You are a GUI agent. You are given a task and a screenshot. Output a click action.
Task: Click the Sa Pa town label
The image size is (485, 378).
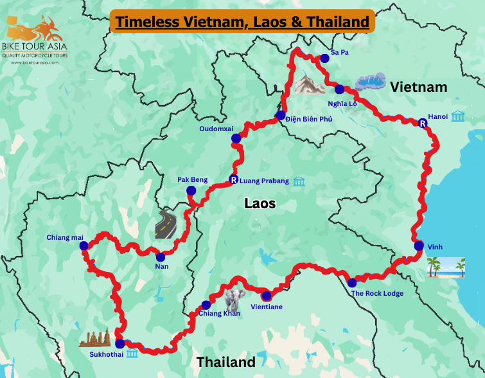[x=339, y=51]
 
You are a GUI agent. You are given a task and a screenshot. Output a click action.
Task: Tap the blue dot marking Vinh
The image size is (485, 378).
[x=419, y=246]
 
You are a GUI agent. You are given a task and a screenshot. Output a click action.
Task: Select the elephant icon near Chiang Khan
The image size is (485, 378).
[x=235, y=300]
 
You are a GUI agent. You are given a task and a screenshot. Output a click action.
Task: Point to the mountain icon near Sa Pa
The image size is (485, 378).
[x=310, y=84]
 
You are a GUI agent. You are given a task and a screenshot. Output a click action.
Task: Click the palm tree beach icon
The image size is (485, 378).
[x=446, y=267]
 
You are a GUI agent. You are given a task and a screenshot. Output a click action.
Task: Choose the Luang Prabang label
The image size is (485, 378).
[x=264, y=181]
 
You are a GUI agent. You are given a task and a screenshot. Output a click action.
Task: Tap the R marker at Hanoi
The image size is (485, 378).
[x=422, y=123]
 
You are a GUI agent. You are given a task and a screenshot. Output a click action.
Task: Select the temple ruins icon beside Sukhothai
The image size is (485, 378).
[x=94, y=338]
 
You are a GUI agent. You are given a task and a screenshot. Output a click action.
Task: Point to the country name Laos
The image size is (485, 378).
[x=260, y=204]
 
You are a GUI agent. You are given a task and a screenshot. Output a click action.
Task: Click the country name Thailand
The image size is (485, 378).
[x=225, y=362]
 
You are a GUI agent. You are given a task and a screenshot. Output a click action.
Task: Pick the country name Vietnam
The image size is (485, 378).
[x=419, y=87]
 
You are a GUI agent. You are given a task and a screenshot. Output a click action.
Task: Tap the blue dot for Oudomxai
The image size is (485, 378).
[x=236, y=138]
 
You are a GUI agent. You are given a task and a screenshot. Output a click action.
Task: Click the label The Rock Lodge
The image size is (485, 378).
[x=377, y=294]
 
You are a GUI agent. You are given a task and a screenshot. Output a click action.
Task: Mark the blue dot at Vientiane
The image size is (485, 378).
[x=266, y=296]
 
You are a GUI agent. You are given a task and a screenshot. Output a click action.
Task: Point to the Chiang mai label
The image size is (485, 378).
[x=65, y=237]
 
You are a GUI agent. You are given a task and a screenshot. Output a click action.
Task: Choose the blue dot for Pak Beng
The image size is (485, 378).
[x=191, y=190]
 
